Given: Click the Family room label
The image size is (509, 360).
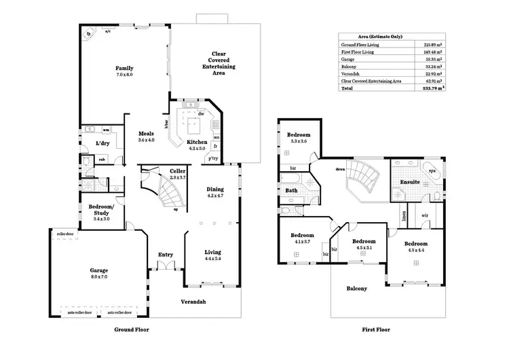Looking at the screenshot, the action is point(124,68).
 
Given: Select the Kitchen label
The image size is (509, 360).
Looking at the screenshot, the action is point(197,142).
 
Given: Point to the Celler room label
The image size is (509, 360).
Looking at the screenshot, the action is point(159,170).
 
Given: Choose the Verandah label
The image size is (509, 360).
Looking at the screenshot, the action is point(193,302).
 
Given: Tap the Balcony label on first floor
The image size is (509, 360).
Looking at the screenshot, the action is point(357,288).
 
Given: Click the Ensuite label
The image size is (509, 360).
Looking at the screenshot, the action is point(409,183).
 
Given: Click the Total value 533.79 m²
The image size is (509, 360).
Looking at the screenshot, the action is point(432,88).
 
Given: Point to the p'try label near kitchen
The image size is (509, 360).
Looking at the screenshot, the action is point(214,158).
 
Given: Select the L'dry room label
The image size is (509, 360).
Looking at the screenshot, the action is point(102,143).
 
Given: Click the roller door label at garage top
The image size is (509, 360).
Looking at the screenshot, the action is point(65,232).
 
